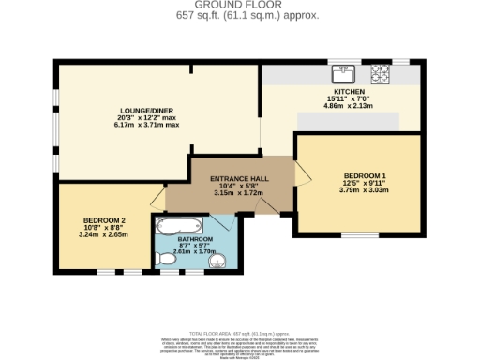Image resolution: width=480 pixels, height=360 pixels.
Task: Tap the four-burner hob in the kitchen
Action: [x=381, y=72]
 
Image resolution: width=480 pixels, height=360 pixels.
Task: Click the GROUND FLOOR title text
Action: [x=240, y=6]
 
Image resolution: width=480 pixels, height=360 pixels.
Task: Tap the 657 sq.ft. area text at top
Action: [x=240, y=16]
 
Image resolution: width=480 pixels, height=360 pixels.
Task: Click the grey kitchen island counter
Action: [x=348, y=120]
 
